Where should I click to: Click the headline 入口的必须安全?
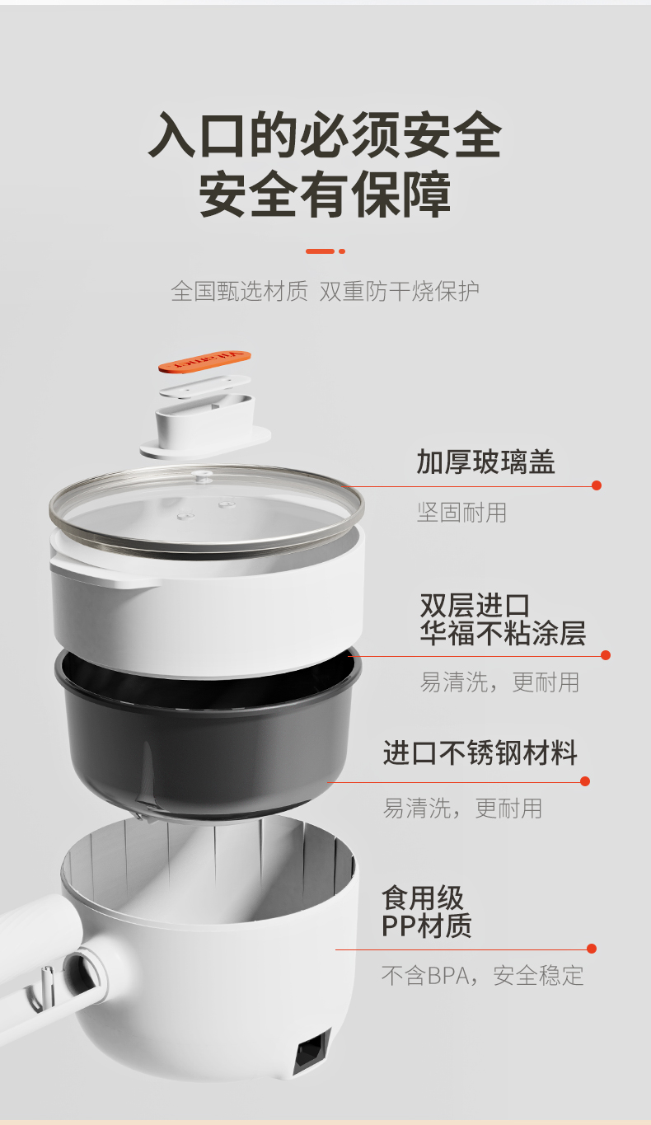[x=325, y=134]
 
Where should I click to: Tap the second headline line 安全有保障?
[x=325, y=195]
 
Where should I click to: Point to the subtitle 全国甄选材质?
[x=239, y=291]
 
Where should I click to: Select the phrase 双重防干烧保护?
[x=400, y=291]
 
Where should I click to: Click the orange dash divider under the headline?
[x=325, y=251]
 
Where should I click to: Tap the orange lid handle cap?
[x=204, y=362]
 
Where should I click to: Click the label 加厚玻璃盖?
[x=485, y=462]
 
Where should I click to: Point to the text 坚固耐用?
[x=461, y=513]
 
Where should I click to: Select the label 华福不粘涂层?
[x=503, y=633]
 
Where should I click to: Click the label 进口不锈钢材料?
[x=480, y=752]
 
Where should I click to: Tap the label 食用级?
[x=423, y=898]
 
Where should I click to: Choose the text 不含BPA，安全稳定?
[x=483, y=975]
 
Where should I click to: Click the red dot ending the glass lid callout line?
[x=597, y=485]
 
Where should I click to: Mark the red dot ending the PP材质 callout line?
[x=592, y=948]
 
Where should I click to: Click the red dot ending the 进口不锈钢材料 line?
[x=585, y=781]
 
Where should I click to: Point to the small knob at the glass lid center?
[x=204, y=475]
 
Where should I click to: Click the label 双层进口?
[x=475, y=606]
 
